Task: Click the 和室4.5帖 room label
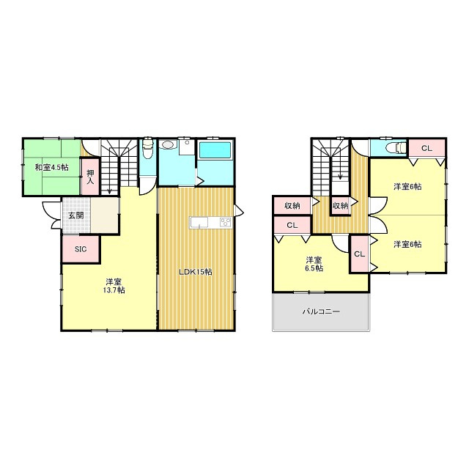52,168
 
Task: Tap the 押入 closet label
90,177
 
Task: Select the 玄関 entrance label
76,215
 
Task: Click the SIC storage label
81,249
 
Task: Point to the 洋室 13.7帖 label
114,286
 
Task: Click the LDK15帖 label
196,272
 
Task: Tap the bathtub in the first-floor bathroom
215,150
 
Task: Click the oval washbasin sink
167,145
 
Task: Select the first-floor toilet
147,149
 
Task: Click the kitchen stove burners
226,221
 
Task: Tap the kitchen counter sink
199,223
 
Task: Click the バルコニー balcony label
321,311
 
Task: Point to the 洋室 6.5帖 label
314,264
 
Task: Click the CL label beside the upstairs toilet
426,148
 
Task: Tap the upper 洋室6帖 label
407,187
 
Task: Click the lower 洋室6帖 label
407,244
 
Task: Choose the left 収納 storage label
292,206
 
